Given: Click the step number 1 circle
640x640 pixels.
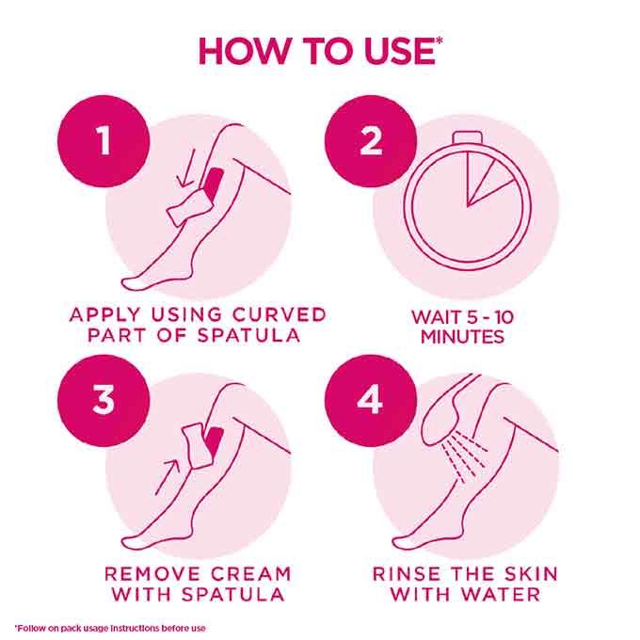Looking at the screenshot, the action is [104, 141].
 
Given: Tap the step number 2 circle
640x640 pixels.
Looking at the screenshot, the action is [371, 141].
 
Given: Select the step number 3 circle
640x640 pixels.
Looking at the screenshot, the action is [104, 400].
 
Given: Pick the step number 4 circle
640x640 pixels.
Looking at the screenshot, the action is [371, 400].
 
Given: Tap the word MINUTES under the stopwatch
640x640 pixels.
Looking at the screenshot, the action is [462, 337].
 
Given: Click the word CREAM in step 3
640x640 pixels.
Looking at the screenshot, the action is [250, 574].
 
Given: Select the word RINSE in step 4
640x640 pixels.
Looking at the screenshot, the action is [403, 574].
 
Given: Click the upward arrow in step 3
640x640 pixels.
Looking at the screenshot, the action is [168, 477].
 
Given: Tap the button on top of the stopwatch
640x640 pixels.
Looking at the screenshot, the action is [468, 136].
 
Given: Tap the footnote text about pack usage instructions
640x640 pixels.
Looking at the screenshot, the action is [110, 628].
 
